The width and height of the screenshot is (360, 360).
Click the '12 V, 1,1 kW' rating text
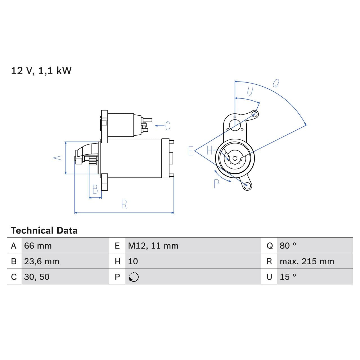pos(41,71)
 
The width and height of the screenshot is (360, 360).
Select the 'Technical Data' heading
pos(44,231)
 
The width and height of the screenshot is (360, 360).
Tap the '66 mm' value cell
pos(38,246)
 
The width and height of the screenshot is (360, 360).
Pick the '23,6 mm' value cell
pos(42,261)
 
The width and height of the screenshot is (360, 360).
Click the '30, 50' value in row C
pos(37,277)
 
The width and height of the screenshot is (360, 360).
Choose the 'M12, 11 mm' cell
pos(153,246)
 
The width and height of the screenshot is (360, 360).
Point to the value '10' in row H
pos(133,261)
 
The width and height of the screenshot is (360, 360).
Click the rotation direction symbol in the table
pos(134,277)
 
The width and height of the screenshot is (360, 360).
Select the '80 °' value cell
pos(288,246)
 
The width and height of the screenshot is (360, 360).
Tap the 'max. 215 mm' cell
pos(307,261)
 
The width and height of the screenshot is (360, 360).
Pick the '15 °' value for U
pos(288,277)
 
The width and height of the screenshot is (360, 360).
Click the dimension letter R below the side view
pos(124,204)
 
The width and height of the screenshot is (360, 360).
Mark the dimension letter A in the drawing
pos(58,158)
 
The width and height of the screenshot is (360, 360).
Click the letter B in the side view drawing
pos(95,190)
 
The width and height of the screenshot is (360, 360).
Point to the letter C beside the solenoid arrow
pos(168,126)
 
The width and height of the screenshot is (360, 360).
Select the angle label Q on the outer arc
pos(276,83)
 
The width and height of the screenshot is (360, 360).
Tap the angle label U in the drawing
pos(250,91)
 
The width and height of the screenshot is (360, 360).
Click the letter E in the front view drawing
pos(191,151)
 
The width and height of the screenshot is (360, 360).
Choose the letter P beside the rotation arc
pos(216,184)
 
